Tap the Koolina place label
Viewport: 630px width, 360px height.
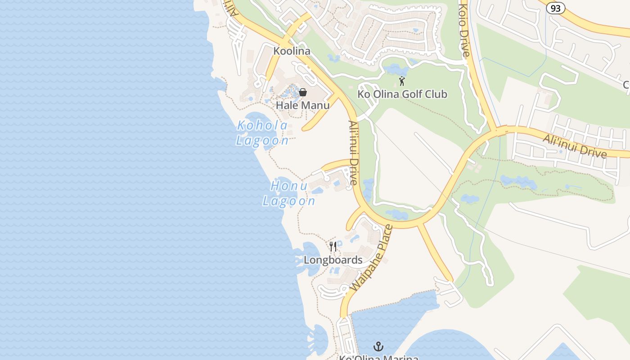click(292, 51)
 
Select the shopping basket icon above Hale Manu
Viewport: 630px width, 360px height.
click(303, 92)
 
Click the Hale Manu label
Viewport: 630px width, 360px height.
click(302, 105)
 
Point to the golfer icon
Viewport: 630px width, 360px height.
click(402, 81)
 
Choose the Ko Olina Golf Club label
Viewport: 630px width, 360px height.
click(402, 94)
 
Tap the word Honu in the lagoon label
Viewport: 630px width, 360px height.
click(289, 186)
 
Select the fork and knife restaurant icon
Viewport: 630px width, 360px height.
click(333, 246)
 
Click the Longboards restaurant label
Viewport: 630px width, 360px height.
click(333, 260)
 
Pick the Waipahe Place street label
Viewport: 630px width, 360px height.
click(371, 258)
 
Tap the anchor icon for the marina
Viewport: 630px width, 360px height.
click(379, 346)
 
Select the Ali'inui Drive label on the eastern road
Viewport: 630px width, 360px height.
click(575, 145)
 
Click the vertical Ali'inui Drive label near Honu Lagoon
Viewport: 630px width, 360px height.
click(353, 153)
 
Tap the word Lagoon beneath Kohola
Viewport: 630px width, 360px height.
click(262, 140)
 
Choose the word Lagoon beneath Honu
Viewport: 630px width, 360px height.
click(289, 201)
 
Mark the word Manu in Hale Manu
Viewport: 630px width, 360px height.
click(315, 105)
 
